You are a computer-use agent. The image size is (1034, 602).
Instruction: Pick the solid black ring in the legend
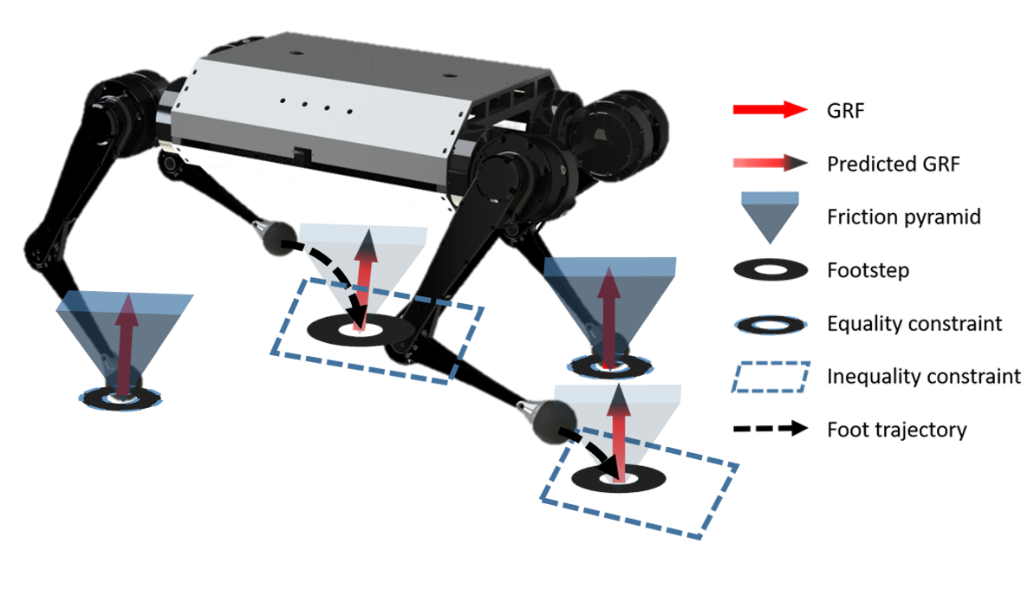click(x=771, y=269)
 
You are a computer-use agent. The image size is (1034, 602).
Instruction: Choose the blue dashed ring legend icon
click(x=771, y=325)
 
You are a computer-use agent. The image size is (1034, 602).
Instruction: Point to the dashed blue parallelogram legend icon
click(x=771, y=378)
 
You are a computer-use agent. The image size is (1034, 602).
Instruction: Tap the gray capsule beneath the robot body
click(x=275, y=237)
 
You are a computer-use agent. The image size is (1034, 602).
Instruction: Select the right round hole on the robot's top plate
click(x=449, y=75)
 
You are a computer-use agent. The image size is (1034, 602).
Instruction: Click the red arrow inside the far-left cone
click(x=127, y=346)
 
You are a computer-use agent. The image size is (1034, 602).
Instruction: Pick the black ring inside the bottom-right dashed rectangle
click(x=617, y=478)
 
